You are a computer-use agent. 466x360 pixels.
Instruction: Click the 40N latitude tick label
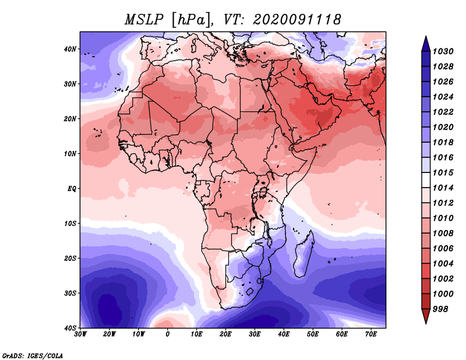(70, 49)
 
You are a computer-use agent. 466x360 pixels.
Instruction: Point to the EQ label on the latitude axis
(72, 189)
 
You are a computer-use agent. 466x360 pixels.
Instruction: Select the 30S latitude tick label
(70, 294)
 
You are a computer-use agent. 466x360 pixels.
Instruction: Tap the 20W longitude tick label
(109, 334)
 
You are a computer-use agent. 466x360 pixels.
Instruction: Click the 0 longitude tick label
(168, 334)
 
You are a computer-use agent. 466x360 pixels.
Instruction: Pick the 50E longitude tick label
(313, 334)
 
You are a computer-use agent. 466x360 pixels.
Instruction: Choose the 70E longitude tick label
(371, 334)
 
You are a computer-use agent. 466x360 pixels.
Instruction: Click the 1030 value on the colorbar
(443, 51)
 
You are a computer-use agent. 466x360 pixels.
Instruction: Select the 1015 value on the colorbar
(443, 172)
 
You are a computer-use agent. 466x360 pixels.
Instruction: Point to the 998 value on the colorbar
(440, 309)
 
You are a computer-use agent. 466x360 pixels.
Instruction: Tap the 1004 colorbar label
(443, 264)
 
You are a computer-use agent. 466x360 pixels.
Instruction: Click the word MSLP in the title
(144, 20)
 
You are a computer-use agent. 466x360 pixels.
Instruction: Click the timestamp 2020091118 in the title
(297, 20)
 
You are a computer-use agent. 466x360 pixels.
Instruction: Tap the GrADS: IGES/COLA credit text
(33, 356)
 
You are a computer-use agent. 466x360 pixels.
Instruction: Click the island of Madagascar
(303, 256)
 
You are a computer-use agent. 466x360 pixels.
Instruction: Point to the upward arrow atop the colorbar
(426, 44)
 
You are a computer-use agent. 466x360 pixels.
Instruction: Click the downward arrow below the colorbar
(426, 316)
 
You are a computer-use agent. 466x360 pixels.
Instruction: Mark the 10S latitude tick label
(70, 224)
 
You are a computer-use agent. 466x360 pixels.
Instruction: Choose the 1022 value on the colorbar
(443, 112)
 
